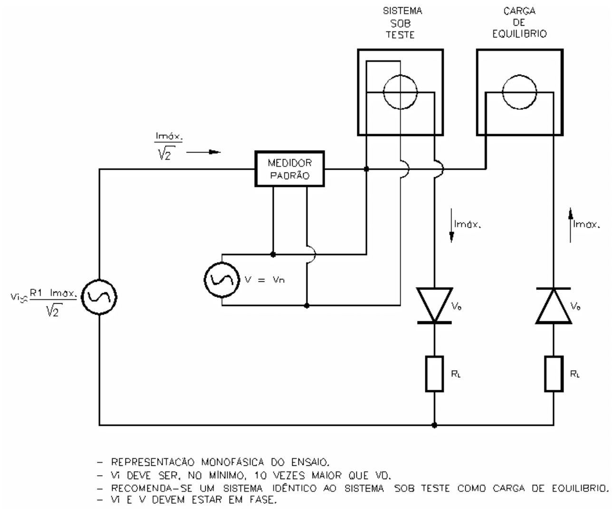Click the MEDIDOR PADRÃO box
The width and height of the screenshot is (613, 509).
(289, 169)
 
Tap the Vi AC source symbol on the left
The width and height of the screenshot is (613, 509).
(99, 297)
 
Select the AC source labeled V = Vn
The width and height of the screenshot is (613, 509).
(221, 279)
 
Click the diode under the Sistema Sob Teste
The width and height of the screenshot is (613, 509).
(434, 306)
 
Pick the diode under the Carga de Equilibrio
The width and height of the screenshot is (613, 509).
(554, 306)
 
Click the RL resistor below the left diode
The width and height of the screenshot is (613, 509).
(434, 374)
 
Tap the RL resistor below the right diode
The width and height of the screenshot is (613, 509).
(554, 374)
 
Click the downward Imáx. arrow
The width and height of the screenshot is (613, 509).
(451, 225)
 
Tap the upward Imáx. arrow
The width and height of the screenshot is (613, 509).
(570, 225)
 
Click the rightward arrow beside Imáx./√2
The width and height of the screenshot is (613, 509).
(203, 152)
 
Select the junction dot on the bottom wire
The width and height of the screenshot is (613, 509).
(434, 425)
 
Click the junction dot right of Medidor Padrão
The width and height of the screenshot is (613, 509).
(366, 169)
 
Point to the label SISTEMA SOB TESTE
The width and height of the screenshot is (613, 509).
(402, 23)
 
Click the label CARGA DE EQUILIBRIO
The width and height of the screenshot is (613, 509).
(519, 23)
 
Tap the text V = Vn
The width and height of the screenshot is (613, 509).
(265, 279)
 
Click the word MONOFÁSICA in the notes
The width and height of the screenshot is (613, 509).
(232, 462)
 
